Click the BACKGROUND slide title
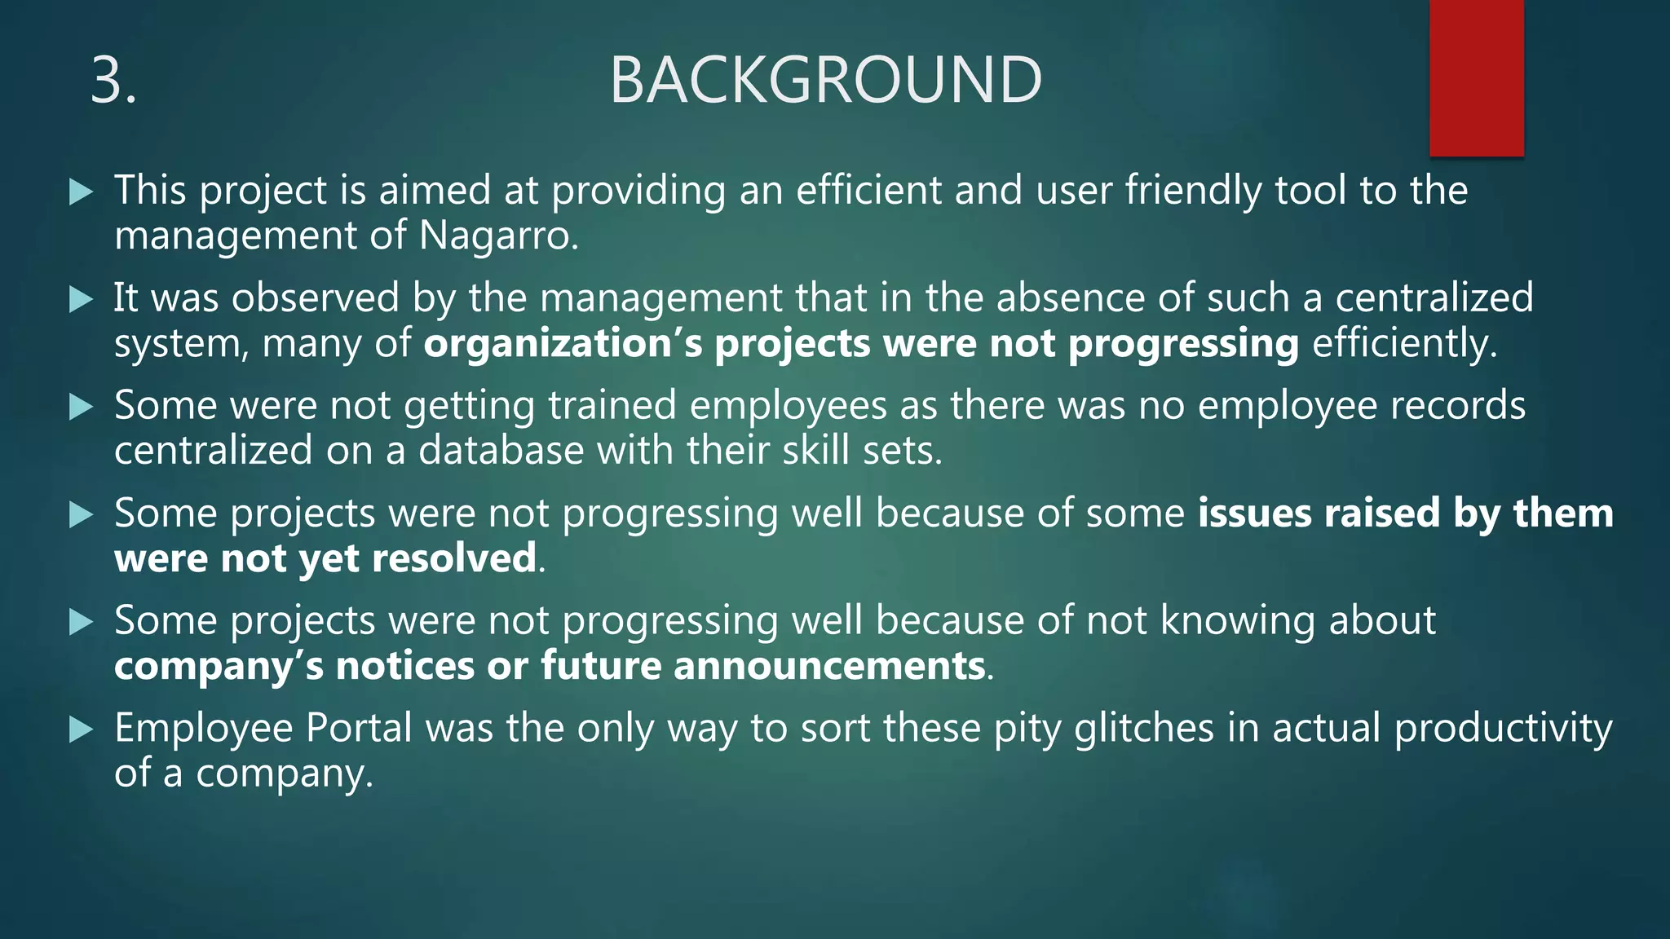825,80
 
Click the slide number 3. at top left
113,80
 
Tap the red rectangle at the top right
1476,77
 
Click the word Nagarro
498,236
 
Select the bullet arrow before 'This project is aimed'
82,192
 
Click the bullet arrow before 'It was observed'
82,300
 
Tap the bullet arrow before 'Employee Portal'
82,730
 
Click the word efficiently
1403,343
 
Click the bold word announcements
829,666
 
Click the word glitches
1144,728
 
